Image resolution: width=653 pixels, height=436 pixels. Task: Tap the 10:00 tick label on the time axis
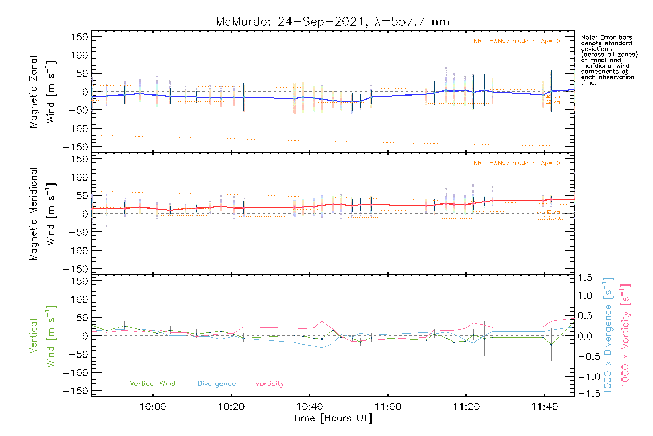click(153, 407)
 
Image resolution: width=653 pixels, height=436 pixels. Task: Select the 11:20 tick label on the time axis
click(466, 407)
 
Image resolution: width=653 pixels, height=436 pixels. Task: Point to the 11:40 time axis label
click(545, 407)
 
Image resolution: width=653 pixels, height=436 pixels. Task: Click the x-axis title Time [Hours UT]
click(333, 419)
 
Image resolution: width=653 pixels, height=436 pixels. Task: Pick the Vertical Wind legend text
click(152, 384)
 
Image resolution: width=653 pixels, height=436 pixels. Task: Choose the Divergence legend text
click(217, 384)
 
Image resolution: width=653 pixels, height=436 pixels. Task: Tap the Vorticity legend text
click(269, 384)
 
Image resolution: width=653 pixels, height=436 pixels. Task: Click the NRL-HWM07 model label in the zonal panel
click(517, 41)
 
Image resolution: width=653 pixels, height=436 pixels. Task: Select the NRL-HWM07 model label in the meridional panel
click(517, 163)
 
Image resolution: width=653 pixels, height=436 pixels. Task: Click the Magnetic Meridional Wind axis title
click(42, 214)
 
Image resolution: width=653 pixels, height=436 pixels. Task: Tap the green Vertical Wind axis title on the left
click(42, 336)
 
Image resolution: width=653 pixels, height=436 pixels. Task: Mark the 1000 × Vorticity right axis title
click(625, 336)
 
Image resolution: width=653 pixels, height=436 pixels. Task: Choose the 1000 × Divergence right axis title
click(608, 336)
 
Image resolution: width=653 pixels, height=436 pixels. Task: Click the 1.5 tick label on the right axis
click(585, 278)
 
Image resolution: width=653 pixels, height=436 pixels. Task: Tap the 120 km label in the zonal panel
click(551, 102)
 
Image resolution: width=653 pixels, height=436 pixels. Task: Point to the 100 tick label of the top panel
click(79, 55)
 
